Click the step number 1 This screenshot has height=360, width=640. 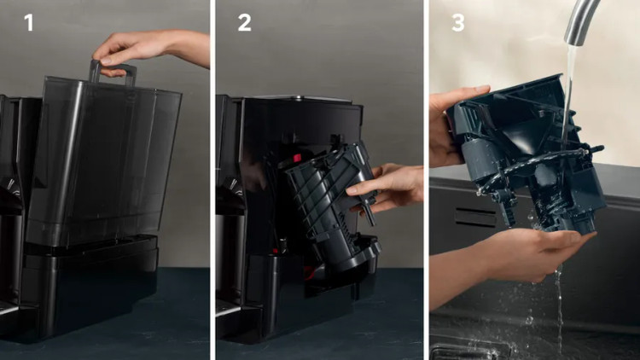coord(28,22)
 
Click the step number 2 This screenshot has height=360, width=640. coord(245,22)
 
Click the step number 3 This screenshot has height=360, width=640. coord(458,23)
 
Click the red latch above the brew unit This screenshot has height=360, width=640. coord(297,158)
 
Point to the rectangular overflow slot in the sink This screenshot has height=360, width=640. coord(475,218)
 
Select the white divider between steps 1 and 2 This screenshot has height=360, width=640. coord(212,180)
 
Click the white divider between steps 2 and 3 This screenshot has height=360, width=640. coord(426,180)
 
